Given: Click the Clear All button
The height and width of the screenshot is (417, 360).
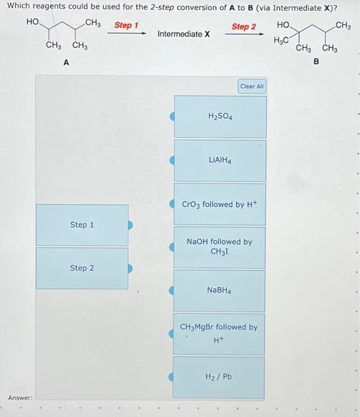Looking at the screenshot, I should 252,86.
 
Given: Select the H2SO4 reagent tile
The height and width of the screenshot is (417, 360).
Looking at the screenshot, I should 220,117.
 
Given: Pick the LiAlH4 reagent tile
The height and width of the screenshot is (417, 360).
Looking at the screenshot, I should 220,160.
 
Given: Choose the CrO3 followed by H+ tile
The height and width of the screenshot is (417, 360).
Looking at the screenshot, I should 220,204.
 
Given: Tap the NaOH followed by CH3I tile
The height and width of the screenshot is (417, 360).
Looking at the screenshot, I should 220,247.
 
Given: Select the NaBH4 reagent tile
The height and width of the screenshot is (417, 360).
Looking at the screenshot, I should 220,290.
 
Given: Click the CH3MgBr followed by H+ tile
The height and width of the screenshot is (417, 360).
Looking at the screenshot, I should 219,334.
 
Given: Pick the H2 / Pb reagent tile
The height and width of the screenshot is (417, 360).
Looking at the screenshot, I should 219,376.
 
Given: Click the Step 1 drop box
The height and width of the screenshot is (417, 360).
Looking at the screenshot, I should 82,225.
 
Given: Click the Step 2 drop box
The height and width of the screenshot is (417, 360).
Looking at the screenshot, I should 82,268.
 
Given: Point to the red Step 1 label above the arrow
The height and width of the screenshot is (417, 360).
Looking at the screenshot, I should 126,26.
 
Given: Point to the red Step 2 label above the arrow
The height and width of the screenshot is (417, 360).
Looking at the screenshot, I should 243,27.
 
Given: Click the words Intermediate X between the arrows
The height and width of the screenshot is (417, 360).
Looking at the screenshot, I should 184,34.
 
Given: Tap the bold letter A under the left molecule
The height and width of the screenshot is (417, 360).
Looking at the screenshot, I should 66,62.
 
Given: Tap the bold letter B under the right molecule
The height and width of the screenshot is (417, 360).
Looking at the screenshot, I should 316,61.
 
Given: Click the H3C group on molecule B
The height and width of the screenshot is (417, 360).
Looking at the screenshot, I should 281,40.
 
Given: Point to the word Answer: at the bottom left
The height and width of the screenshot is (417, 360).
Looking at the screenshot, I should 20,397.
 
